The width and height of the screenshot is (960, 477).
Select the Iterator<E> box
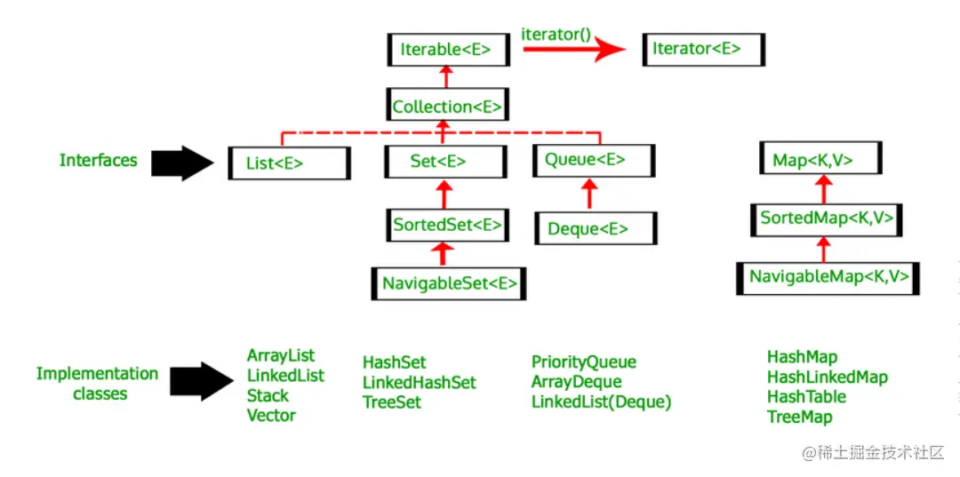tap(702, 49)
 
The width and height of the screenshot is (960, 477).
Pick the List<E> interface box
tap(284, 163)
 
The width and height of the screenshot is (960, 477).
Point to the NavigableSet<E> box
tap(449, 284)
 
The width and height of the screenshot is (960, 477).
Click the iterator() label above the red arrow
tap(556, 33)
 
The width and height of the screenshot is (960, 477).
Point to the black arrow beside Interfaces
tap(183, 163)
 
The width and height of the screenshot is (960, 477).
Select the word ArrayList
tap(281, 356)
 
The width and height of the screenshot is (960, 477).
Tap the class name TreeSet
tap(392, 401)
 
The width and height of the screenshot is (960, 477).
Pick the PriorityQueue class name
tap(583, 362)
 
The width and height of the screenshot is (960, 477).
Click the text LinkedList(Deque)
tap(601, 401)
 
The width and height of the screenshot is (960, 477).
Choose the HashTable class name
tap(806, 396)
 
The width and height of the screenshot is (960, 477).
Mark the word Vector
tap(271, 415)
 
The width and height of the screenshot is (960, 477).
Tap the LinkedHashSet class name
tap(419, 382)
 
